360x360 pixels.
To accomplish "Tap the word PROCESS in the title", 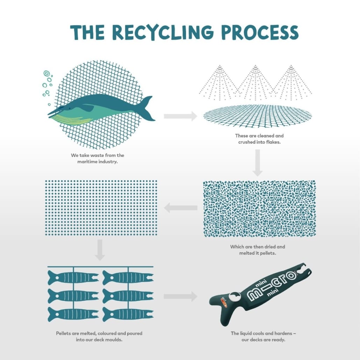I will pyautogui.click(x=260, y=33).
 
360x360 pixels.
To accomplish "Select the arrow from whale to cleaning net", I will pyautogui.click(x=180, y=116).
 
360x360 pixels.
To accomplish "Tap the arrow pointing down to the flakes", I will pyautogui.click(x=258, y=163).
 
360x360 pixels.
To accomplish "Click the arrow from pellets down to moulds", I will pyautogui.click(x=100, y=250).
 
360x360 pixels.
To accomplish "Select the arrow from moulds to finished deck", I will pyautogui.click(x=180, y=297).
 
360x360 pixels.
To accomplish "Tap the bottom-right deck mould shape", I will pyautogui.click(x=128, y=314).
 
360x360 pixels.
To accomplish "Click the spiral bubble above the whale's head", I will pyautogui.click(x=46, y=73).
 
